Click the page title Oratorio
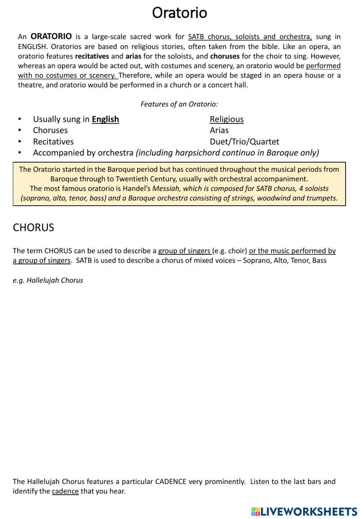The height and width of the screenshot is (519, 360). (x=179, y=13)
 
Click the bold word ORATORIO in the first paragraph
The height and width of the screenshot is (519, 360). (x=51, y=36)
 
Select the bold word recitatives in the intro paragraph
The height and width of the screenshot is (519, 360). (x=92, y=56)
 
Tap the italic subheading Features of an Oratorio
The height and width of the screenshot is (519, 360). (x=179, y=104)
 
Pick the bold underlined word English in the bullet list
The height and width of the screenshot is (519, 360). (x=105, y=119)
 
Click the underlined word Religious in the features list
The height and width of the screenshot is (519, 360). (x=226, y=119)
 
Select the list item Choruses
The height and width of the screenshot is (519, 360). (x=50, y=130)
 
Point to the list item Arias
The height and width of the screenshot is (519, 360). (x=219, y=130)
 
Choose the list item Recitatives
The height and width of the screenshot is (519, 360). (x=53, y=141)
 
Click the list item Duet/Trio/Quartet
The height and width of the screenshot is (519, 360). (x=244, y=141)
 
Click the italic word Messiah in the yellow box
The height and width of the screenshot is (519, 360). (x=166, y=188)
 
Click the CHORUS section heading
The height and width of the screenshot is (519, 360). (x=33, y=227)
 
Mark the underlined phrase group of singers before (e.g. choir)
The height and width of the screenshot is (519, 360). (x=184, y=251)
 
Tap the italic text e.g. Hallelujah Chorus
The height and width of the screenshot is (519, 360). (x=48, y=280)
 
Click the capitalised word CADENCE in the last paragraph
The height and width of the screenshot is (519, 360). (x=171, y=481)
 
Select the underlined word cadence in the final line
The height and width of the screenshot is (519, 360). (x=65, y=491)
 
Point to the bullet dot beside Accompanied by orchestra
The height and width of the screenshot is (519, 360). (x=20, y=152)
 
